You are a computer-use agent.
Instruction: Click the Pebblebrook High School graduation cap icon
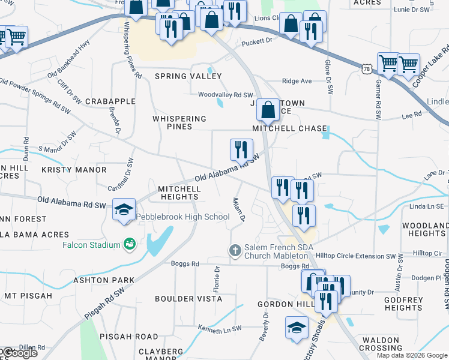[123, 209]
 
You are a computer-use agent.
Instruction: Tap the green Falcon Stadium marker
[128, 244]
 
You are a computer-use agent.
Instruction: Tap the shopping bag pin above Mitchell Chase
[269, 110]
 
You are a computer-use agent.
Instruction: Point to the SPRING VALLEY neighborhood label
[188, 76]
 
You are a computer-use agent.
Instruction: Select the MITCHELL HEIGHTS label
[179, 193]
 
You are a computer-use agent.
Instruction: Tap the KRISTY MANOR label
[74, 170]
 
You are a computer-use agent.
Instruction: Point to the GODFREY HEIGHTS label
[403, 304]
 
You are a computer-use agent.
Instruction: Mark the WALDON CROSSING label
[381, 344]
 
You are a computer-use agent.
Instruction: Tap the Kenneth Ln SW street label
[220, 328]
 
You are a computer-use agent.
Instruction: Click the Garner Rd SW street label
[378, 99]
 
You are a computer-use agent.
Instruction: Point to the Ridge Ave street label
[297, 81]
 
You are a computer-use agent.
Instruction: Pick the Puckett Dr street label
[257, 43]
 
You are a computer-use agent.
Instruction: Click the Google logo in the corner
[19, 353]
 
